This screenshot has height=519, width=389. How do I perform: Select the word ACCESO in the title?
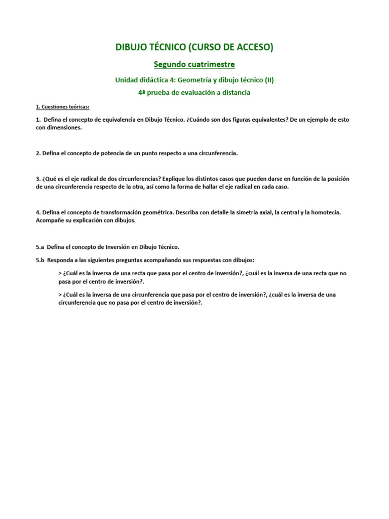tap(256, 47)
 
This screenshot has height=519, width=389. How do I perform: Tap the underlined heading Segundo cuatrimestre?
tap(194, 64)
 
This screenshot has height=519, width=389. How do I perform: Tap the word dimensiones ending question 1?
tap(65, 128)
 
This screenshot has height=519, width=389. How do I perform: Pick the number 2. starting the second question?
tap(38, 153)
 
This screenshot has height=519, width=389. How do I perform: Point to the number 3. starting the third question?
tap(38, 179)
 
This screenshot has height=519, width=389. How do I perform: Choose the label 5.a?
tap(40, 247)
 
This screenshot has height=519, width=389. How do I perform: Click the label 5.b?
tap(40, 260)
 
